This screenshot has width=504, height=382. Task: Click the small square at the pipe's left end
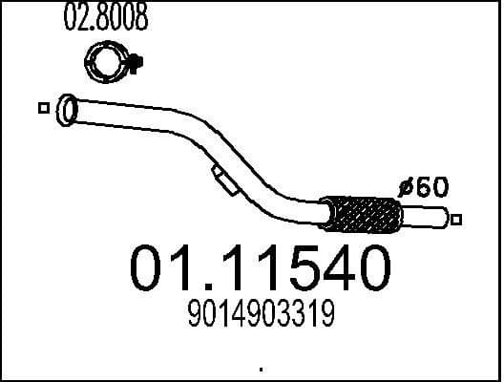pos(43,108)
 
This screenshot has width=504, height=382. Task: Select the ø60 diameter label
pos(423,187)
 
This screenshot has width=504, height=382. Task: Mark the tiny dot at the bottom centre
pos(261,368)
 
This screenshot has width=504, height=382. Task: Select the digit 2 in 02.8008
pos(81,18)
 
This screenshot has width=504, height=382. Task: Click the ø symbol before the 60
pos(405,187)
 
